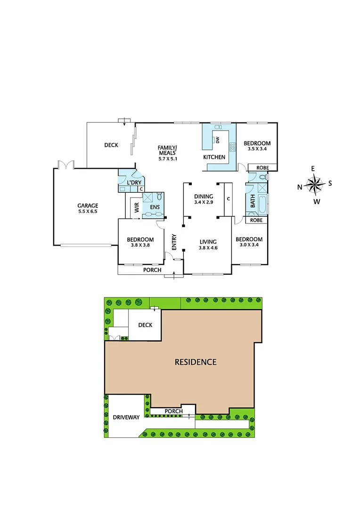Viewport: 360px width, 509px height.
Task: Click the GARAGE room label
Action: click(88, 205)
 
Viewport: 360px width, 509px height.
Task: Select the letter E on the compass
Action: click(312, 168)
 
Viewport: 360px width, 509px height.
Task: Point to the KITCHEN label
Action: click(214, 157)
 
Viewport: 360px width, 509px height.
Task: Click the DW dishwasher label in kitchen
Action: click(218, 140)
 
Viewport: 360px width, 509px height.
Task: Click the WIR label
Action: click(137, 208)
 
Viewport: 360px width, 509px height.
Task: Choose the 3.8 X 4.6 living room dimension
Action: click(208, 248)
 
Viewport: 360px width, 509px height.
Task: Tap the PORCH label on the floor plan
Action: click(152, 270)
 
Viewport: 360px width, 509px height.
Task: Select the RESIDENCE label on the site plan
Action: click(196, 362)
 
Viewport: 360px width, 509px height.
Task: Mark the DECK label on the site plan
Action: click(145, 325)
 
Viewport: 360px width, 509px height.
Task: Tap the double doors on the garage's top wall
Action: click(66, 164)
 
